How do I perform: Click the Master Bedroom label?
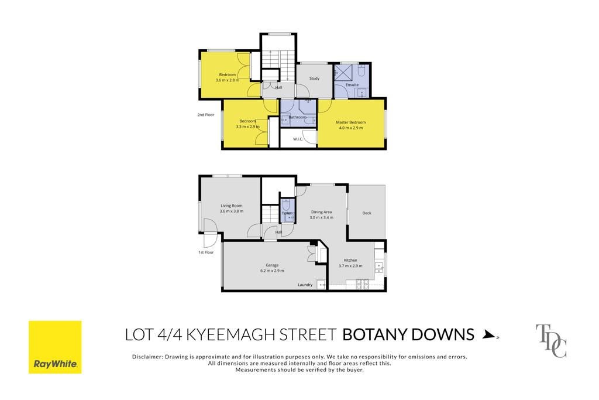[351, 122]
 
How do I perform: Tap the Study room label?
[314, 78]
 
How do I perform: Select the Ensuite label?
[352, 85]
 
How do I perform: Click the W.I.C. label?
[298, 139]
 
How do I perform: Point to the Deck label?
[367, 213]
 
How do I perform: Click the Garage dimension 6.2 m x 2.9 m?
[272, 271]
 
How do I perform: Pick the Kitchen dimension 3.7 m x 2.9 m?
[350, 266]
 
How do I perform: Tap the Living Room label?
[232, 206]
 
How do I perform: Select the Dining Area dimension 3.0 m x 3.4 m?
[321, 218]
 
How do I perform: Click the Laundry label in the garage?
[305, 285]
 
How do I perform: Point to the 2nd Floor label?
[205, 115]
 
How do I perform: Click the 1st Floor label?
[206, 252]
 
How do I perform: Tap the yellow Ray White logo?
[55, 347]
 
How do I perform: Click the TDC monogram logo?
[551, 341]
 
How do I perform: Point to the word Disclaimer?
[147, 357]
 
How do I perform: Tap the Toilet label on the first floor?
[287, 213]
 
